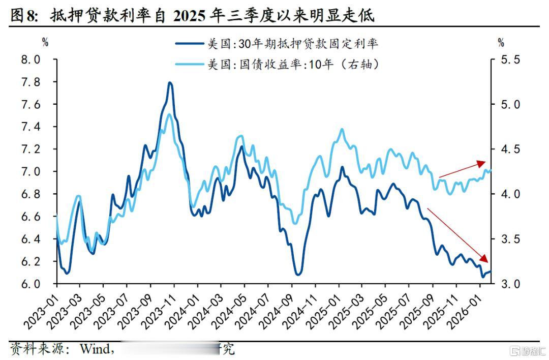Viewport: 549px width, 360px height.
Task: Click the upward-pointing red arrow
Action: [x=463, y=169]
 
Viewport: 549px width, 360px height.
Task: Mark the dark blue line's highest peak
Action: [x=170, y=82]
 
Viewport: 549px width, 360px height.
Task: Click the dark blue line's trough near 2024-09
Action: [x=298, y=275]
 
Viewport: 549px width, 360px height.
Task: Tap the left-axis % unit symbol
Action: [x=45, y=42]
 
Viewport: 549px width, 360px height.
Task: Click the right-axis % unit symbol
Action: [x=501, y=42]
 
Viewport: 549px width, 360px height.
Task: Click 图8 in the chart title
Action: [x=24, y=16]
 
